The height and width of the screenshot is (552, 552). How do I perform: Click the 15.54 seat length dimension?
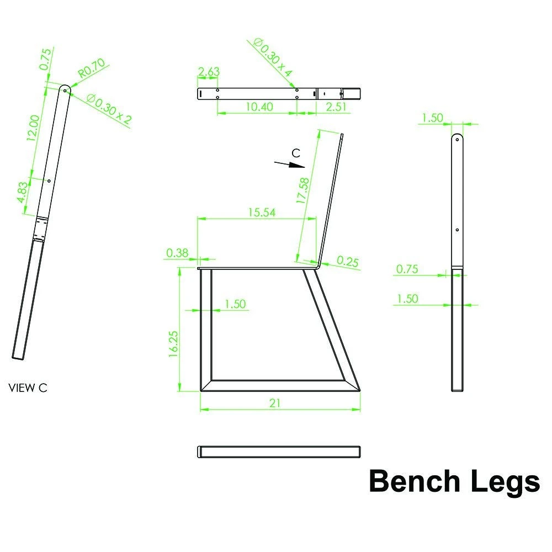[262, 213]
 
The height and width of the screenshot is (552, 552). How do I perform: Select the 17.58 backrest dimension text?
[302, 191]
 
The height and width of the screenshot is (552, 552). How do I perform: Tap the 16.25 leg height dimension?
[173, 344]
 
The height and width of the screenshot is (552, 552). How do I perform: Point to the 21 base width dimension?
[275, 403]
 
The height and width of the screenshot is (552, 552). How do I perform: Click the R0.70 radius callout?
[92, 68]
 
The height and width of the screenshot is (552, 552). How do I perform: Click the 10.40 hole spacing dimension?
[259, 107]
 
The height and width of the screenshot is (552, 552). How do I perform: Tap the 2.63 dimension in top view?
[209, 71]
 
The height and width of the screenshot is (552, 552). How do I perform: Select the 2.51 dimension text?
[336, 107]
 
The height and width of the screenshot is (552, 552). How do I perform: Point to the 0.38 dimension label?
[177, 253]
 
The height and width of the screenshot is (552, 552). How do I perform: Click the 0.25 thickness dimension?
[347, 261]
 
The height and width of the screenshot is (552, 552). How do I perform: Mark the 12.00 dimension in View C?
[34, 128]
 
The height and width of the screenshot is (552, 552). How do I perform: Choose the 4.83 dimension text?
[22, 192]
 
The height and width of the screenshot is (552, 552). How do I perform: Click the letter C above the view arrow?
[296, 153]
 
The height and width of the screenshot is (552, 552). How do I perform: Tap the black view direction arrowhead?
[296, 165]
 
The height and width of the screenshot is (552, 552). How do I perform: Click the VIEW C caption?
[28, 388]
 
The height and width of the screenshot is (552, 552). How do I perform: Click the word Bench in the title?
[415, 481]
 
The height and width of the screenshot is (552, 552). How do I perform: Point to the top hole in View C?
[65, 91]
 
